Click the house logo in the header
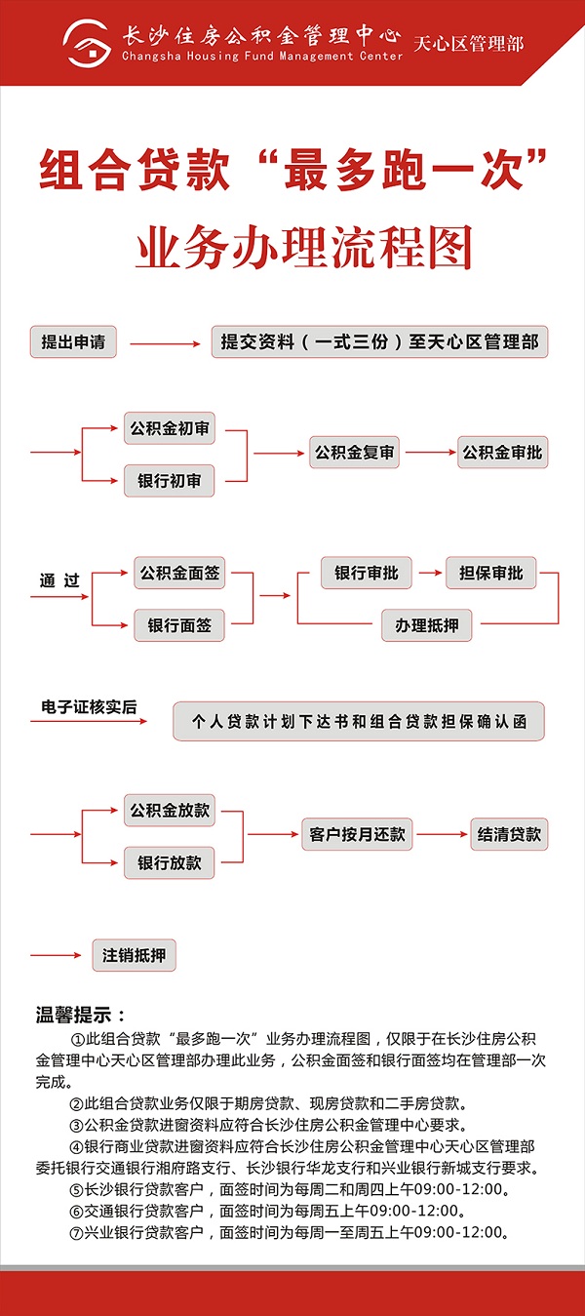87,43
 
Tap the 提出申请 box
73,341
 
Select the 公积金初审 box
169,428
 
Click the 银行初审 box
169,481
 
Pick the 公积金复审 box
354,453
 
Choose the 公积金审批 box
502,453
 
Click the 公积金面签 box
179,573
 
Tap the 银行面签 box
179,625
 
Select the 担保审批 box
491,573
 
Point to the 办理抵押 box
427,625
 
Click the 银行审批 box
367,573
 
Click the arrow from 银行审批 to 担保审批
430,573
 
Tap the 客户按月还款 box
357,834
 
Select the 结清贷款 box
509,834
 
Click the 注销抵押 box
134,955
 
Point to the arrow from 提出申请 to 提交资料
165,343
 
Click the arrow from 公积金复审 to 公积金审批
431,453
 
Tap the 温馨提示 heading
81,1015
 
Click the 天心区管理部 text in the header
468,44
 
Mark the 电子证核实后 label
89,706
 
